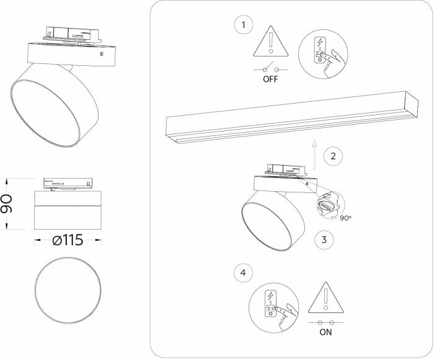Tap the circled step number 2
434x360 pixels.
(x=334, y=156)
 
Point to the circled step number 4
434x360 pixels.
(x=244, y=273)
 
